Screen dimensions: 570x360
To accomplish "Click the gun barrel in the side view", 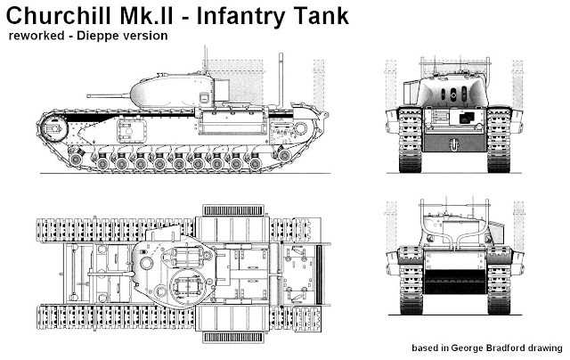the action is point(109,96).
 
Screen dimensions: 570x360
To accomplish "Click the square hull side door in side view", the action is point(132,130).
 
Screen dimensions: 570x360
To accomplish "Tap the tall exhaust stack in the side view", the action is point(281,81).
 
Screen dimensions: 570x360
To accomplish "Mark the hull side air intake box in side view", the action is point(232,121).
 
